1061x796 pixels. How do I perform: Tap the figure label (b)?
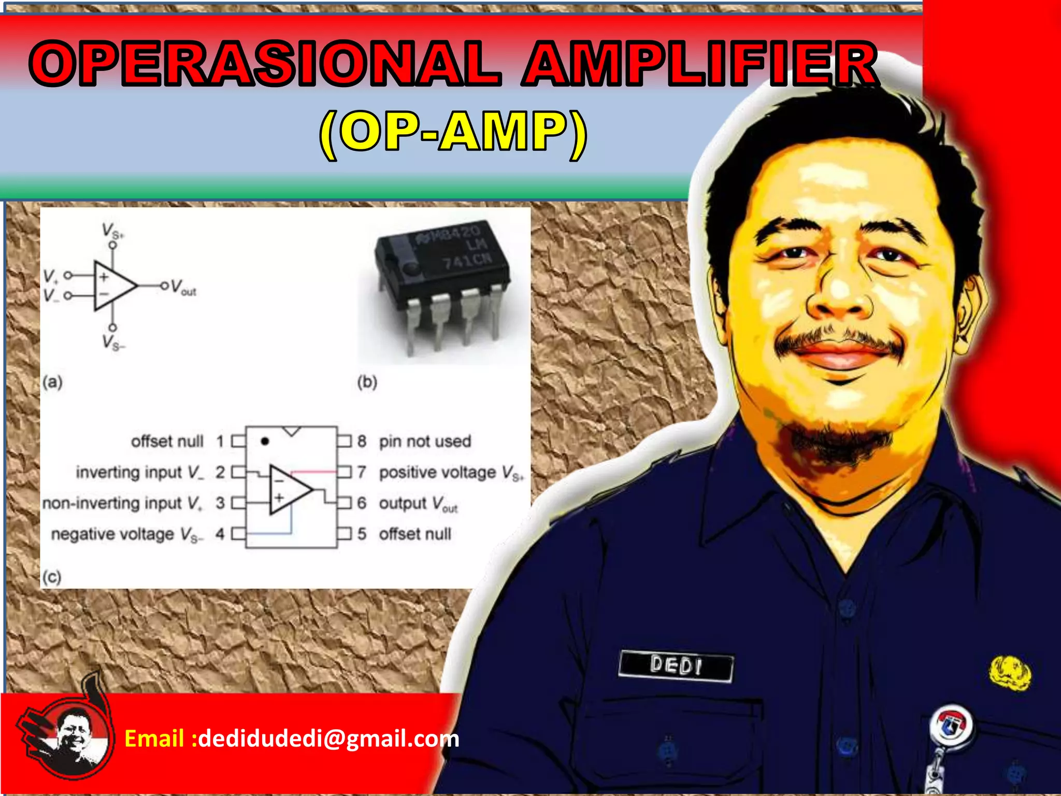[367, 382]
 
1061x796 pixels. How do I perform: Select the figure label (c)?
[52, 576]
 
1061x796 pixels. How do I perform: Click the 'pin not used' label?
[425, 441]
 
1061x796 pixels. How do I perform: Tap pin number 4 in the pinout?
[220, 534]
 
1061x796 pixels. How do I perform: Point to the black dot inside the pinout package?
[265, 442]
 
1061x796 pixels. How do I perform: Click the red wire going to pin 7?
[313, 472]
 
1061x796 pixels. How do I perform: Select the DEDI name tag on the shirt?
[676, 665]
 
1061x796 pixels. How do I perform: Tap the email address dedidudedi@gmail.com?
[328, 738]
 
